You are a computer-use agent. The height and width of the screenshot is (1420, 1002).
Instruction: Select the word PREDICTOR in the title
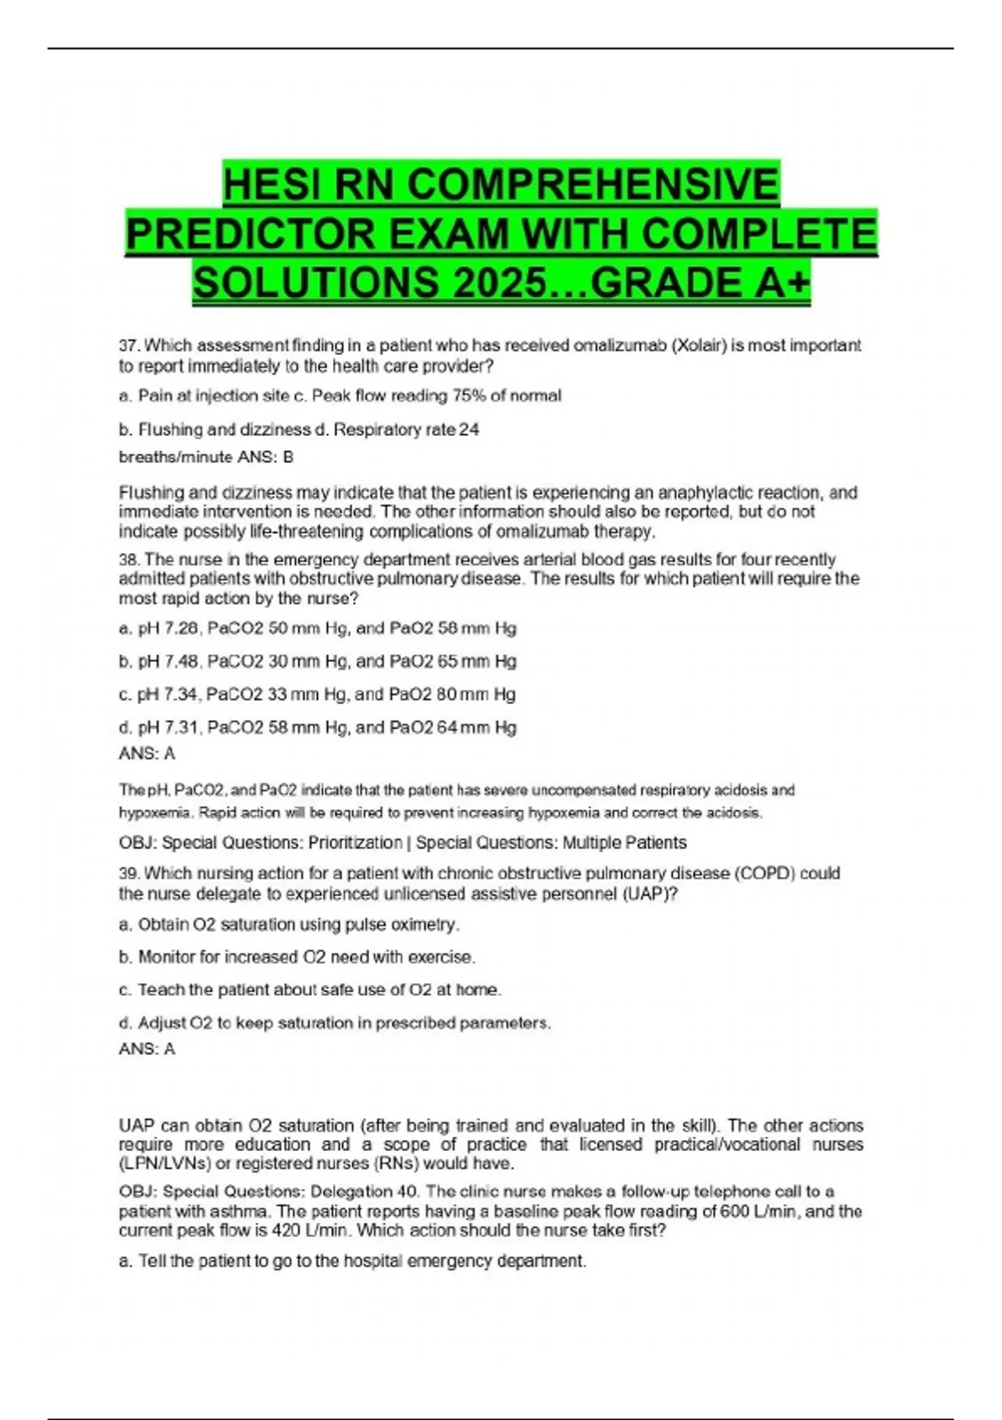coord(249,234)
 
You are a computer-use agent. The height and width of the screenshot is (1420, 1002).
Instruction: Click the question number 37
coord(129,346)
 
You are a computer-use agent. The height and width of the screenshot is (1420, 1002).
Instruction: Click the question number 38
coord(129,560)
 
